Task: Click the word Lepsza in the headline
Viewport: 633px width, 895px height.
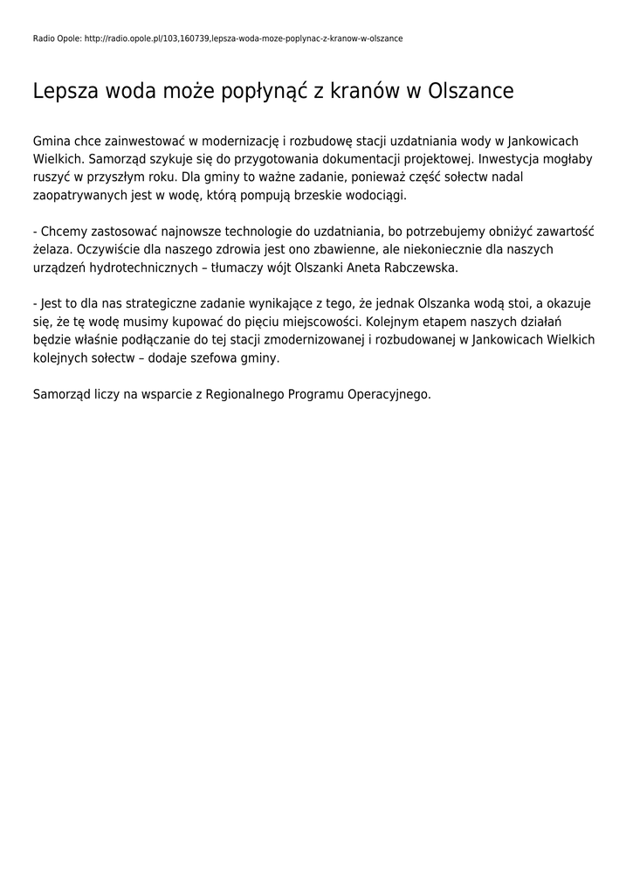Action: pyautogui.click(x=65, y=92)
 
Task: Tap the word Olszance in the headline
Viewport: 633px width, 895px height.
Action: pyautogui.click(x=470, y=92)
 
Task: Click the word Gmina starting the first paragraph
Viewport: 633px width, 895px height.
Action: pyautogui.click(x=52, y=141)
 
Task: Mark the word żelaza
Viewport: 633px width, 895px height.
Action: pyautogui.click(x=53, y=250)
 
